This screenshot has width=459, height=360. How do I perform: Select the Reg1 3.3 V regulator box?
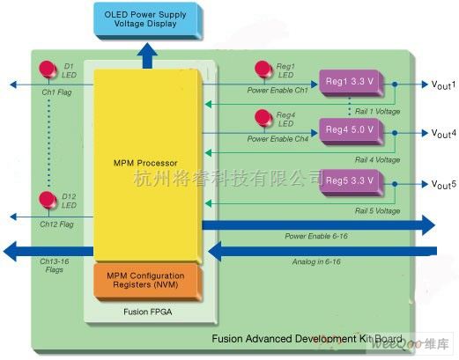pyautogui.click(x=350, y=80)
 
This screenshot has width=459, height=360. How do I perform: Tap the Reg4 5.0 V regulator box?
pyautogui.click(x=350, y=129)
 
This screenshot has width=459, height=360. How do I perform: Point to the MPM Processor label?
pyautogui.click(x=145, y=163)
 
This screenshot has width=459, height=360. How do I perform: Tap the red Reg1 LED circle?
pyautogui.click(x=262, y=68)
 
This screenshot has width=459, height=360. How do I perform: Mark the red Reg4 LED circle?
pyautogui.click(x=262, y=117)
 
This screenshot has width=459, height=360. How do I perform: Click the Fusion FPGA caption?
pyautogui.click(x=144, y=311)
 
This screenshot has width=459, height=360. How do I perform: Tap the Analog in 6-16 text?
pyautogui.click(x=318, y=261)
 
